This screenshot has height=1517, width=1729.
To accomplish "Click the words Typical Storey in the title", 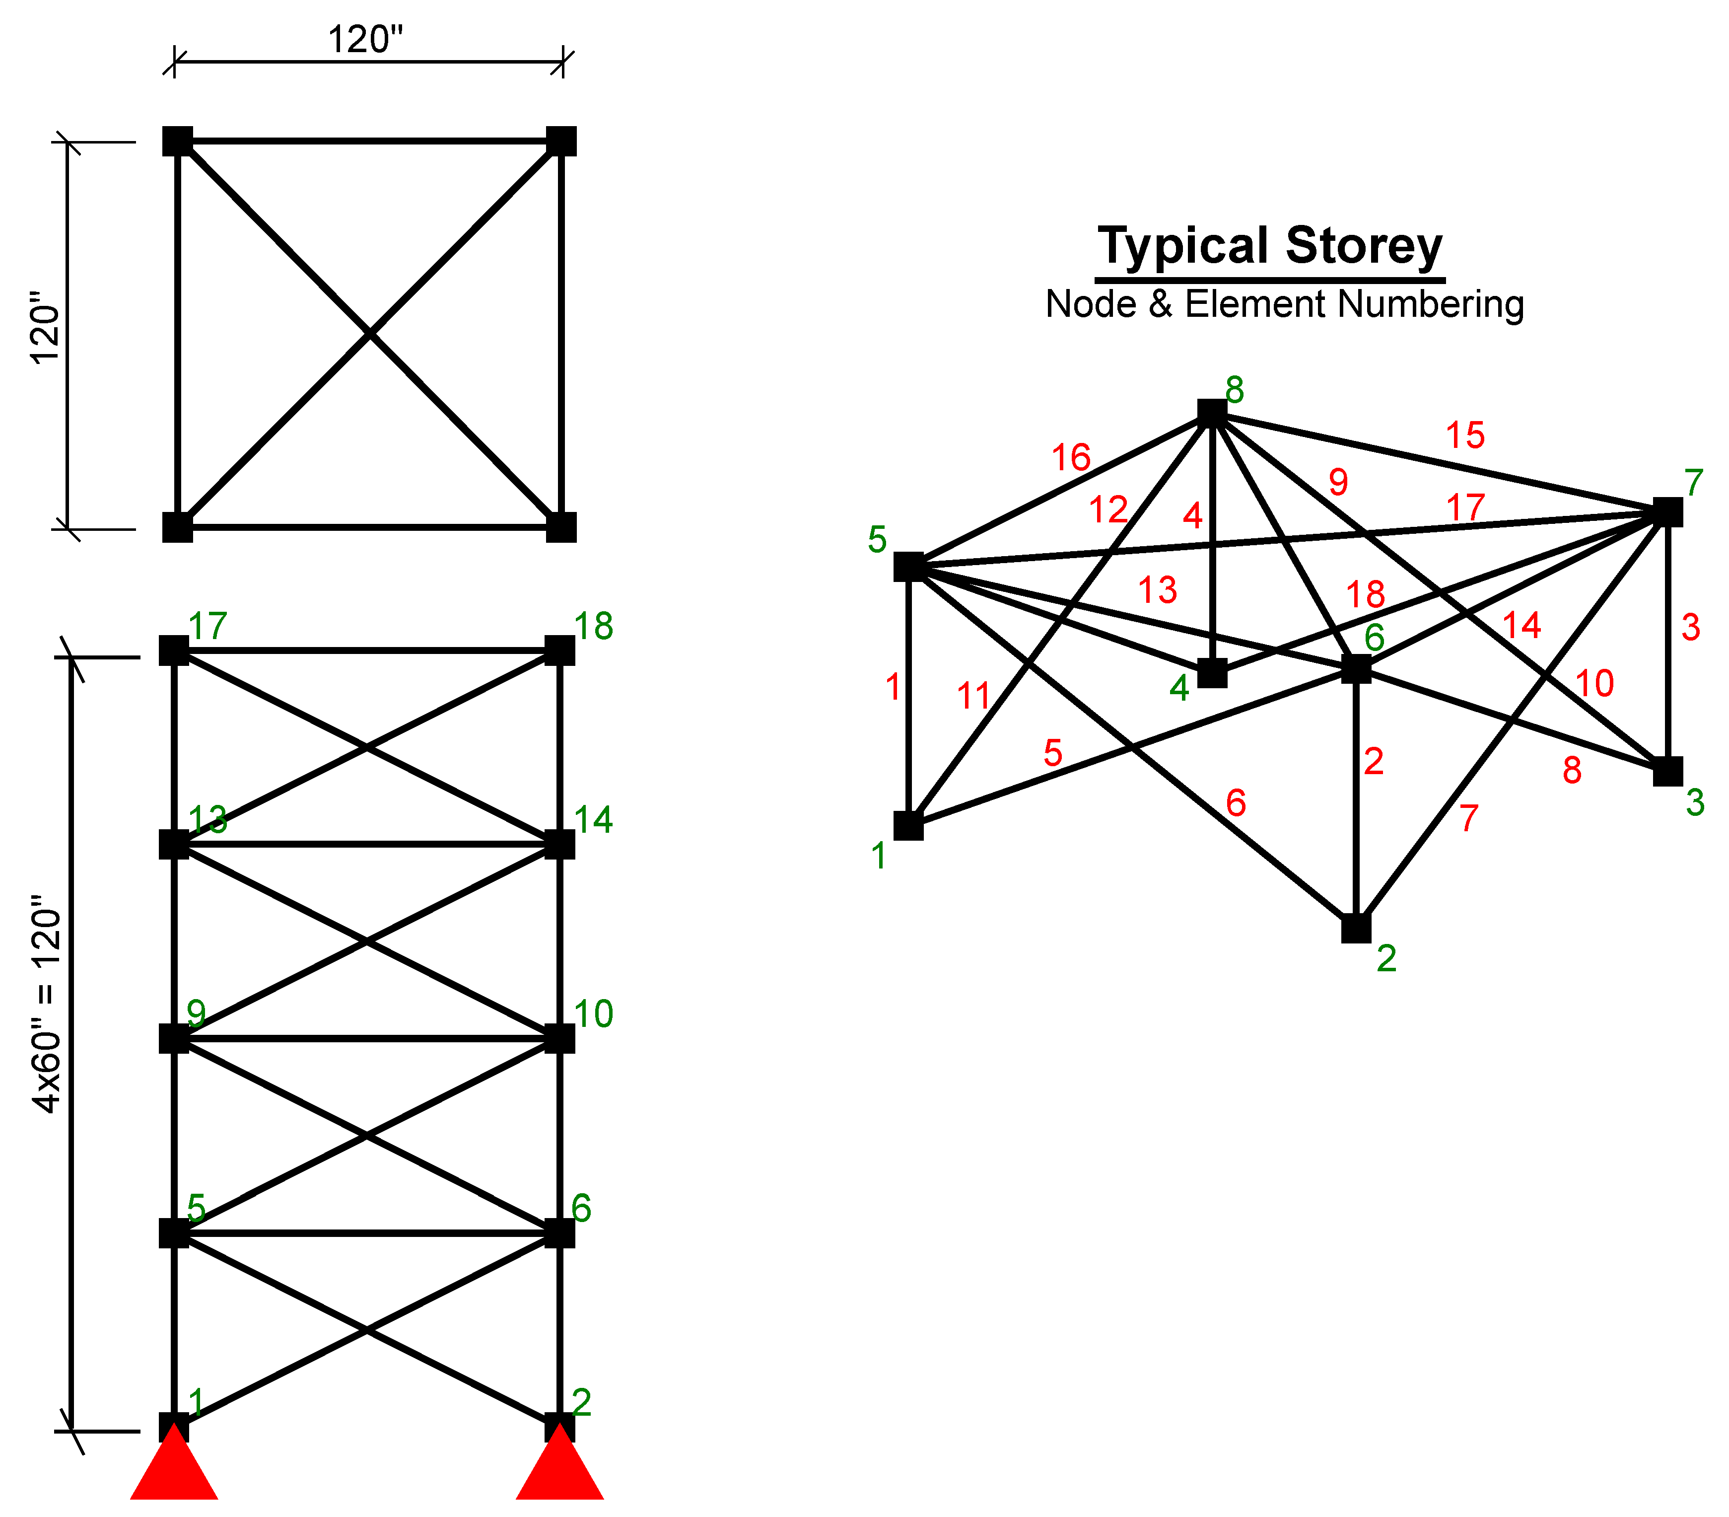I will (1270, 246).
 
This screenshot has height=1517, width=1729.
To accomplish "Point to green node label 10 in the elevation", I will (593, 1013).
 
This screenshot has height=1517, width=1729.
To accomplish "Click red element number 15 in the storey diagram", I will (1465, 435).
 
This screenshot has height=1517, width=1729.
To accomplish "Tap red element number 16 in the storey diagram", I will (1071, 458).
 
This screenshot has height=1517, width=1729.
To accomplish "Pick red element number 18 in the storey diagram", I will (1365, 595).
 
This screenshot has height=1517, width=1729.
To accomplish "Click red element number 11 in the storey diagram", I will (973, 696).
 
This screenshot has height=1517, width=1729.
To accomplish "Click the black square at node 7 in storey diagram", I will (1667, 512).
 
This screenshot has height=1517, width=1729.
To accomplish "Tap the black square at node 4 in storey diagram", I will (1212, 673).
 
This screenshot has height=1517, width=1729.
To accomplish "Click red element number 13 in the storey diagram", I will (1157, 590).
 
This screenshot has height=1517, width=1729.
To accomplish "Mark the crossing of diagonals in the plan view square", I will (370, 334).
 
